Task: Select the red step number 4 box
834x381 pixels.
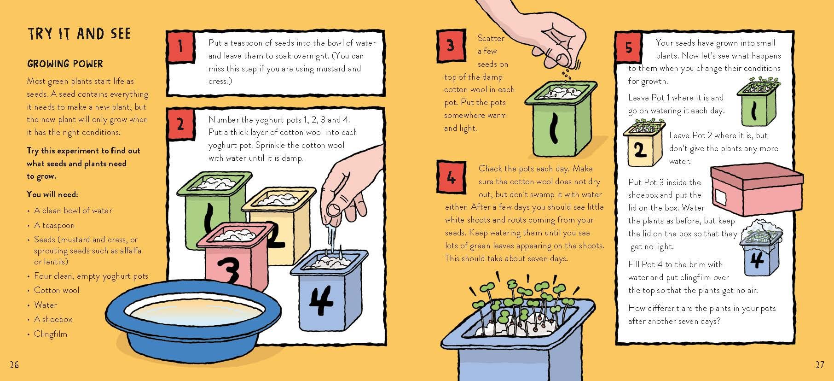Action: click(x=450, y=177)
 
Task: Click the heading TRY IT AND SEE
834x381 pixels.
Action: click(x=79, y=34)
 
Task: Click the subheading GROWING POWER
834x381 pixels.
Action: click(x=65, y=64)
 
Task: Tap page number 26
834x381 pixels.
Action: click(x=14, y=365)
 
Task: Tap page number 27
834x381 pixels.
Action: click(x=820, y=365)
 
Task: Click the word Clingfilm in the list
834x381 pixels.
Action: click(x=50, y=334)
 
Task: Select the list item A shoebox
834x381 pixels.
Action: click(x=53, y=319)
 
